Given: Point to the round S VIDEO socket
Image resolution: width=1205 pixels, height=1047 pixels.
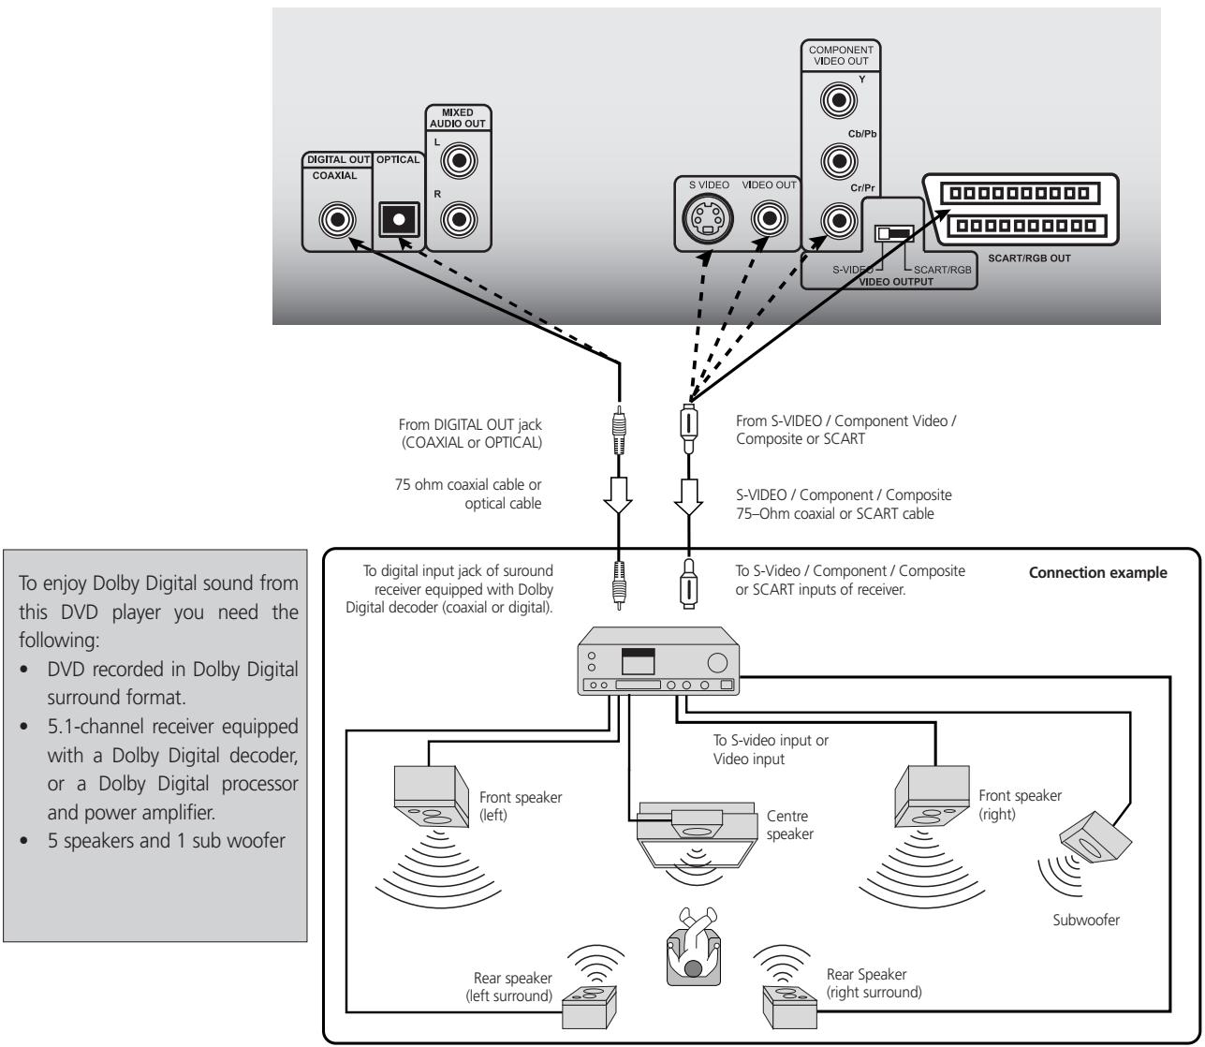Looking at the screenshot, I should [x=708, y=222].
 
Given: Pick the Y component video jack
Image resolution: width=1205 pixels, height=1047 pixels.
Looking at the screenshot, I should [x=834, y=98].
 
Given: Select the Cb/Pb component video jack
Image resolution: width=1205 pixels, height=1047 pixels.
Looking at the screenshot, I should [x=834, y=161].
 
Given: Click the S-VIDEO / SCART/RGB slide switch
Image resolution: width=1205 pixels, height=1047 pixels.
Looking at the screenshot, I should [x=893, y=233].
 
